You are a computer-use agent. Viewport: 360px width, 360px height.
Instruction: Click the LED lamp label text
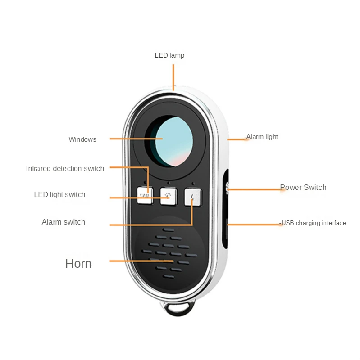tap(169, 55)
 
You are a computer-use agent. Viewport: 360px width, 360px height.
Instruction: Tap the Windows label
tap(82, 139)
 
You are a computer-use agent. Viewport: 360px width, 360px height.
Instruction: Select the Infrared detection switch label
tap(65, 169)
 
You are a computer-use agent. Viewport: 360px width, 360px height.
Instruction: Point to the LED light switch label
tap(59, 195)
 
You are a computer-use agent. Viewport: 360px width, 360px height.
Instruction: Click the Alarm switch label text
tap(63, 222)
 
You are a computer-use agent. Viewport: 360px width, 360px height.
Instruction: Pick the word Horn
tap(78, 263)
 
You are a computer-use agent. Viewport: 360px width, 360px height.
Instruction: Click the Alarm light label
tap(261, 137)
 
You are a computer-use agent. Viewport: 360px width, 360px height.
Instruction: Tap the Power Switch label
tap(303, 187)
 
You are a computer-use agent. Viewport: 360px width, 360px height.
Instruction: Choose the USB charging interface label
tap(313, 223)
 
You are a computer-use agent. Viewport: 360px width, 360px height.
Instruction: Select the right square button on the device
tap(193, 196)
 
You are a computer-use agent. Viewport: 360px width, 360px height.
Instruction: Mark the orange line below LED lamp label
tap(173, 76)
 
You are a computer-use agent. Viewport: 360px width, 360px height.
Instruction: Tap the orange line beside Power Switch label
tap(255, 189)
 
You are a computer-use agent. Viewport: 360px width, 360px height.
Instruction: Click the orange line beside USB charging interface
tap(255, 224)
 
